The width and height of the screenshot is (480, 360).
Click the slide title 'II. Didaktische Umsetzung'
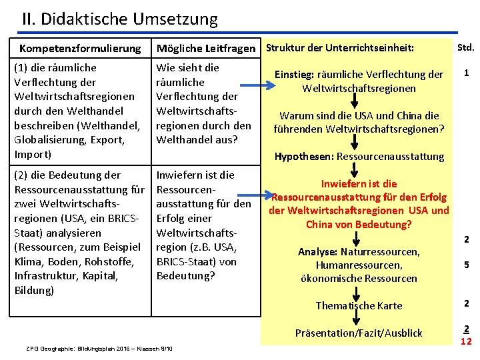(120, 19)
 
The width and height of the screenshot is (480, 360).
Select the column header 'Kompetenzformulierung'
(80, 48)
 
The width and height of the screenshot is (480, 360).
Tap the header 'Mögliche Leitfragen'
(205, 49)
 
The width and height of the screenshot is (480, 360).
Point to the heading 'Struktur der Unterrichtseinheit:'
(340, 48)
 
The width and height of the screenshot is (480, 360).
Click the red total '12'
(467, 341)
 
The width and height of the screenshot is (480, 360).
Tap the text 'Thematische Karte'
(359, 305)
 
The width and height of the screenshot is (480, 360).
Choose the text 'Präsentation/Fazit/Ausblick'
(359, 333)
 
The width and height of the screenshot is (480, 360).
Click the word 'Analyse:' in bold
(318, 252)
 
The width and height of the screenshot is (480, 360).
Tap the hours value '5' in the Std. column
(467, 265)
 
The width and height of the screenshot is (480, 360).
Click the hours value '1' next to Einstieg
(467, 73)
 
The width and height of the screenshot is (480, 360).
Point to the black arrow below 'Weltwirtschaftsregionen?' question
(359, 141)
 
